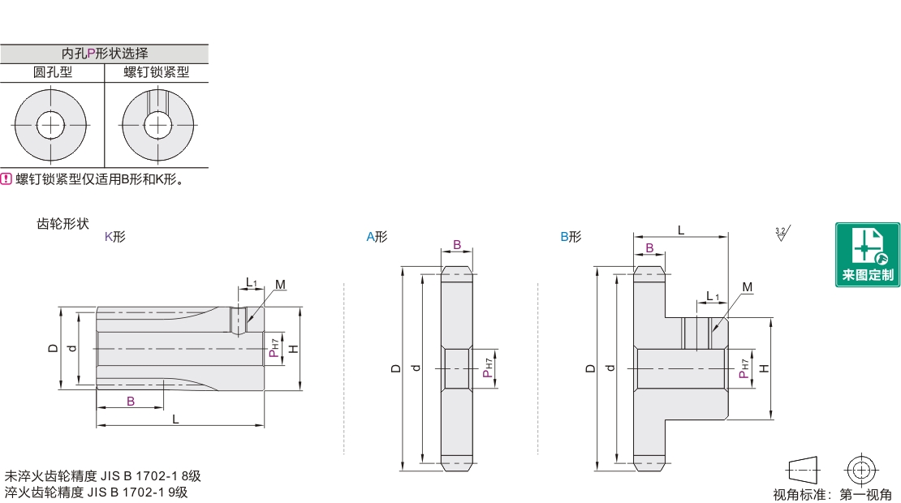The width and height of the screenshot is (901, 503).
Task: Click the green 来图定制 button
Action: [x=867, y=255]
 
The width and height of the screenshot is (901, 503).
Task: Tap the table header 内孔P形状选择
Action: [x=105, y=54]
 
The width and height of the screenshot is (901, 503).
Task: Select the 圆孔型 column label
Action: [x=52, y=72]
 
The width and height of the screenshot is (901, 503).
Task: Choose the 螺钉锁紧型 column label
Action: [x=157, y=72]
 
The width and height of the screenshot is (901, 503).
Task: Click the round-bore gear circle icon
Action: [x=50, y=125]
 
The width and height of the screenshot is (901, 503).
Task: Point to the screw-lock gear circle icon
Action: [x=158, y=125]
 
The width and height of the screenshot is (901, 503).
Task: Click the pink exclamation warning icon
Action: [x=6, y=179]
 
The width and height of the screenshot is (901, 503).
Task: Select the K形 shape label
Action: [x=115, y=237]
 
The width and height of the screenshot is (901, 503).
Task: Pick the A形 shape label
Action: [x=377, y=237]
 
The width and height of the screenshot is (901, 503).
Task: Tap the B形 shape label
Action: [x=571, y=237]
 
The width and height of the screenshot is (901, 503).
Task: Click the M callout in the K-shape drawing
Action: [x=280, y=285]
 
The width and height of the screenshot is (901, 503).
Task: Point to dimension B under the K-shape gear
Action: [x=131, y=401]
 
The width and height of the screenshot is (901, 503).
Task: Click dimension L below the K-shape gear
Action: [x=176, y=419]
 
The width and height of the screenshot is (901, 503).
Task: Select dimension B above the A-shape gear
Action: [x=457, y=245]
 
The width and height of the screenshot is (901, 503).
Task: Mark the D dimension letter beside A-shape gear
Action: [x=396, y=368]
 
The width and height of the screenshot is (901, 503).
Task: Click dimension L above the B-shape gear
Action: [x=681, y=230]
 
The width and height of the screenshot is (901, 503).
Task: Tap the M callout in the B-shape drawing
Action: [x=747, y=287]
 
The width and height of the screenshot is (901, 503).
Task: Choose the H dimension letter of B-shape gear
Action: [x=764, y=368]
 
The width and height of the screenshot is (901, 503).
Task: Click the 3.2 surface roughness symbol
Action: [x=782, y=233]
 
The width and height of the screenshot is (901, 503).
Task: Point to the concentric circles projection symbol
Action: [x=860, y=471]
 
